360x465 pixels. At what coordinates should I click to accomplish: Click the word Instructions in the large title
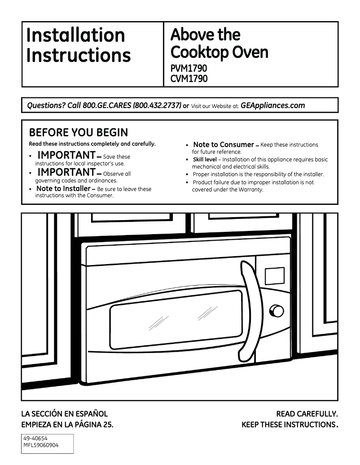tap(79, 55)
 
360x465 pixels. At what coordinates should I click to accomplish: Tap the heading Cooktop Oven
tap(219, 52)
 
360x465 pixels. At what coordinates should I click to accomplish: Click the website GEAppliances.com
tap(272, 106)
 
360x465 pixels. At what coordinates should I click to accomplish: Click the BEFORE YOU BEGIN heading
tap(78, 133)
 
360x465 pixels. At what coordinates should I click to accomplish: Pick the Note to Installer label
tap(63, 189)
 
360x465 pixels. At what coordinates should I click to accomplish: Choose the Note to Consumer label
tap(223, 145)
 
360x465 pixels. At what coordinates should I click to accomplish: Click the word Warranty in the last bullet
tap(250, 190)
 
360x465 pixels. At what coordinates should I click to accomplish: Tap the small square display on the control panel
tap(274, 276)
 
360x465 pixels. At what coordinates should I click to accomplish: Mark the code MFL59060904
tap(41, 446)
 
